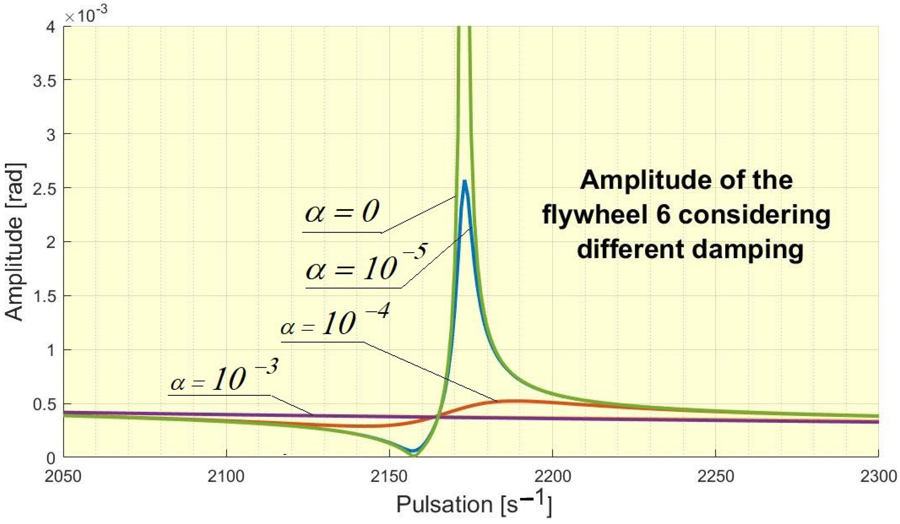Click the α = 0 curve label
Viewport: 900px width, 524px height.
(x=342, y=212)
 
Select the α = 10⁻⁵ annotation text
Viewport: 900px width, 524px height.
(x=366, y=264)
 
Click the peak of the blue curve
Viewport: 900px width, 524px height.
(x=464, y=181)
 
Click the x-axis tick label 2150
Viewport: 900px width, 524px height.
(x=389, y=476)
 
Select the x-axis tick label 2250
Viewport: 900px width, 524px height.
(x=715, y=476)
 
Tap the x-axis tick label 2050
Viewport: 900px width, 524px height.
(x=63, y=476)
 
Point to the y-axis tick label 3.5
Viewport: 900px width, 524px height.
(x=45, y=80)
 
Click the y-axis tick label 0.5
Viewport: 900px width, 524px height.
(x=45, y=404)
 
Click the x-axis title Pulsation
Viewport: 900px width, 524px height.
(x=444, y=504)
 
